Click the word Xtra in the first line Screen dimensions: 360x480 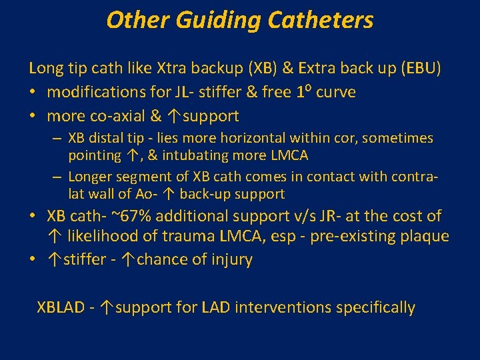[173, 68]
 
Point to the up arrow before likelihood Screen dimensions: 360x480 [53, 237]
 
